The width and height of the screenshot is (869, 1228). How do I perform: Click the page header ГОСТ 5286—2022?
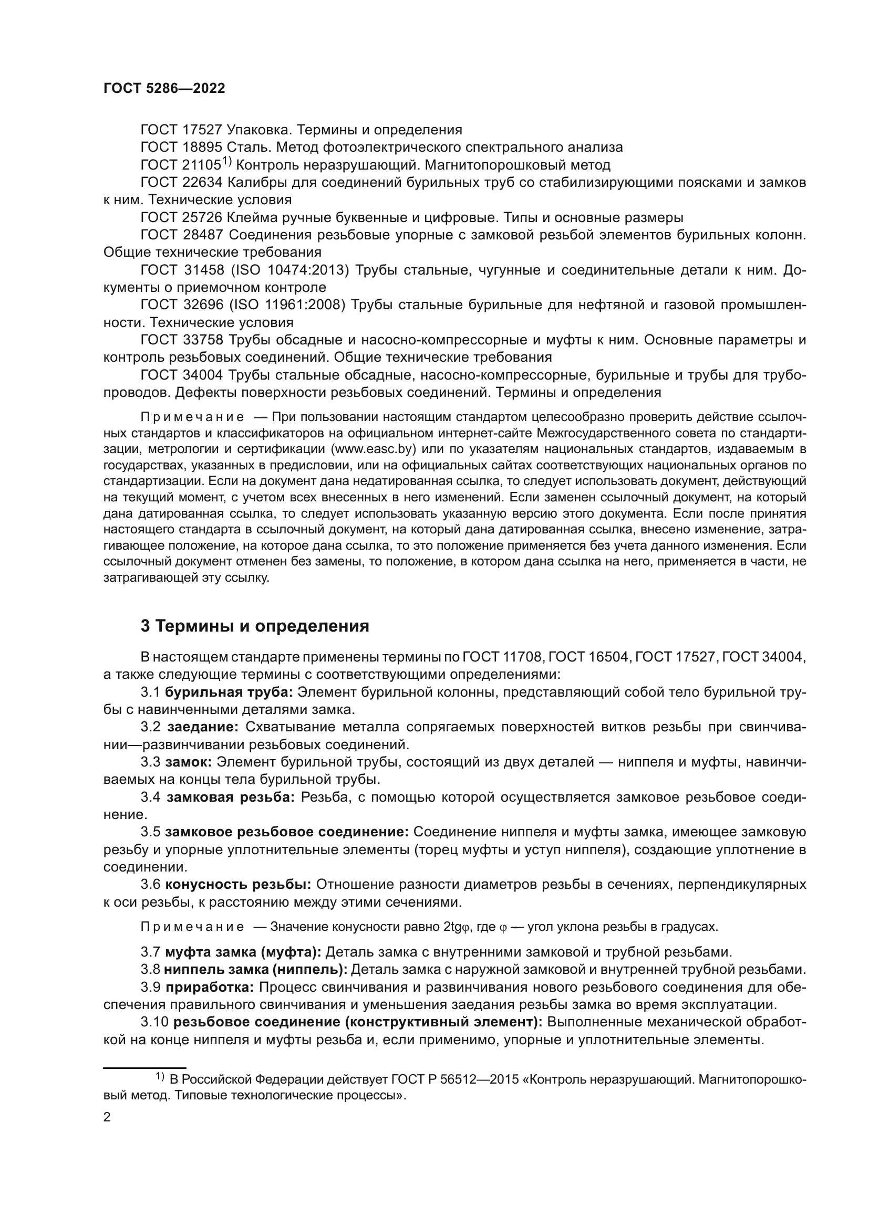164,89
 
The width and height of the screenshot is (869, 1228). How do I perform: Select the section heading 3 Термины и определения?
255,626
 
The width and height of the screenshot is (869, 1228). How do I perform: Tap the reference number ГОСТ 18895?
181,147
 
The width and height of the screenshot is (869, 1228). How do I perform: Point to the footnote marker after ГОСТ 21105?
226,161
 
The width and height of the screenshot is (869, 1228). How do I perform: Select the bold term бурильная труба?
229,692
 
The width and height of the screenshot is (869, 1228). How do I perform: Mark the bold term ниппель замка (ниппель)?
256,969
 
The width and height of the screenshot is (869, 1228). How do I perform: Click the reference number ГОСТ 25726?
181,218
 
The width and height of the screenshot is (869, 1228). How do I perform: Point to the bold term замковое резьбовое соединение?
287,832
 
